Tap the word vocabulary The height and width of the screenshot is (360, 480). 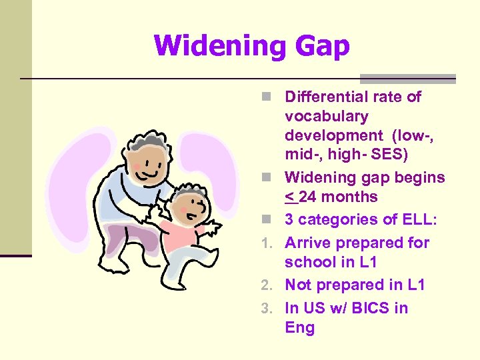click(x=326, y=117)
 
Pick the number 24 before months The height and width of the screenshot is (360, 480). click(x=309, y=197)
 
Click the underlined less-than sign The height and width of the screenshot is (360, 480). click(x=289, y=197)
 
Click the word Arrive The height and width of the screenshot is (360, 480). click(x=307, y=243)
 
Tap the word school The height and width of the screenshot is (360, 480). click(x=308, y=262)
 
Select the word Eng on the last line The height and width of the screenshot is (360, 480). click(x=299, y=328)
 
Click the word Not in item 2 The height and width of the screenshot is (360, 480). click(x=299, y=285)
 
